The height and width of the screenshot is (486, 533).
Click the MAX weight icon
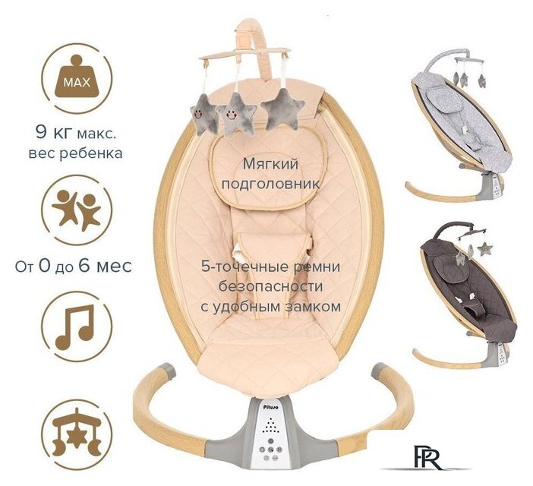click(77, 78)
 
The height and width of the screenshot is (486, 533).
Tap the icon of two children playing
click(77, 210)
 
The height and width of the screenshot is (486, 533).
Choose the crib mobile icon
click(77, 434)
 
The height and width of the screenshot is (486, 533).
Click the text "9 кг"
click(52, 133)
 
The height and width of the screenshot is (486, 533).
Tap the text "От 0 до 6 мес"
click(73, 266)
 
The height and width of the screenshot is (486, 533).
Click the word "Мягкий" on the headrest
click(270, 164)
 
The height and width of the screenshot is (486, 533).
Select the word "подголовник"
click(270, 185)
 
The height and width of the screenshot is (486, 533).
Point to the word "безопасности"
click(270, 286)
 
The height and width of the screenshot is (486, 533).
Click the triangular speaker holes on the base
click(271, 425)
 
